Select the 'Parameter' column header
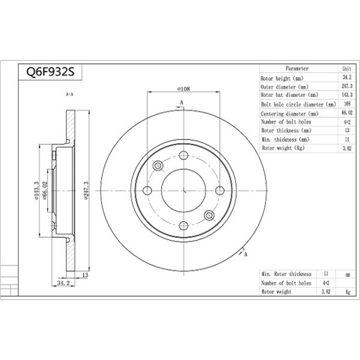[297, 69]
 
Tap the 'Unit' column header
[346, 69]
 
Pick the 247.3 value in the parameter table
[346, 87]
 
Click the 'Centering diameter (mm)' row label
[289, 113]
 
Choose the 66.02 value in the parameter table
[346, 113]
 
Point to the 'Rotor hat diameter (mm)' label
[289, 95]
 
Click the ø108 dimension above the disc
[185, 89]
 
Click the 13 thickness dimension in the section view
[85, 275]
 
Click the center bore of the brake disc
[183, 190]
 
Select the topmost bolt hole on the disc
[183, 154]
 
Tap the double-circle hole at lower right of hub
[209, 215]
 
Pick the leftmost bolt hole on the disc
[147, 191]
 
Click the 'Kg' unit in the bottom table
[347, 291]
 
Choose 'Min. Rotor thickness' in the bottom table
[287, 274]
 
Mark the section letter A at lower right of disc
[246, 255]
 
